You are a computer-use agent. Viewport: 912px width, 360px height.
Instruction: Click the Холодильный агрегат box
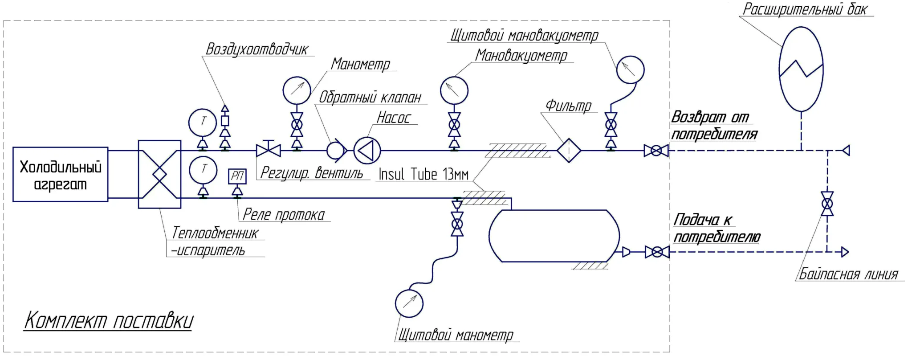point(60,174)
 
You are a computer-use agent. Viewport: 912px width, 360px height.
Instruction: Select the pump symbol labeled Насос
point(367,151)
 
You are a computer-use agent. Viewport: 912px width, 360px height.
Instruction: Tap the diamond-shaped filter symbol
point(569,151)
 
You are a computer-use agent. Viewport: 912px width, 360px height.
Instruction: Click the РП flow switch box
point(237,176)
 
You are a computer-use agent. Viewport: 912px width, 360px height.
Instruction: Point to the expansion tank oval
point(801,69)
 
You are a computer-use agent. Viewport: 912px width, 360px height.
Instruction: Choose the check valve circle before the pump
point(336,151)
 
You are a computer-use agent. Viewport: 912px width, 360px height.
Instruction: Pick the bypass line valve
point(827,204)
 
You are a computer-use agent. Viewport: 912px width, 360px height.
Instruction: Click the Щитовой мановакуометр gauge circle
point(630,70)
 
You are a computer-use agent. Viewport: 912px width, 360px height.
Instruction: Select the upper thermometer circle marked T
point(203,122)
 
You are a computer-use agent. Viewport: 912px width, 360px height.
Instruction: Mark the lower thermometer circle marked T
point(203,169)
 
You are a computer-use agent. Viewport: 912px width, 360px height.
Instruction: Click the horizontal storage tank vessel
point(554,236)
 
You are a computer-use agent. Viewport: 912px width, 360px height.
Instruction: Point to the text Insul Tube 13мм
point(423,174)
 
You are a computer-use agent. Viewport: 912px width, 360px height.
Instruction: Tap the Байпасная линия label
point(848,274)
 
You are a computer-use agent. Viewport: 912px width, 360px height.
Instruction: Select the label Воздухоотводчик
point(256,49)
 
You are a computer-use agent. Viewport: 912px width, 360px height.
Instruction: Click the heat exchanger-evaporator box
point(159,174)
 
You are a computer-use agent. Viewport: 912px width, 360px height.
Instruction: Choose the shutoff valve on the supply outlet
point(657,252)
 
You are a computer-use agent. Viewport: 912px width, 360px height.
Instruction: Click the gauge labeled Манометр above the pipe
point(297,90)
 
